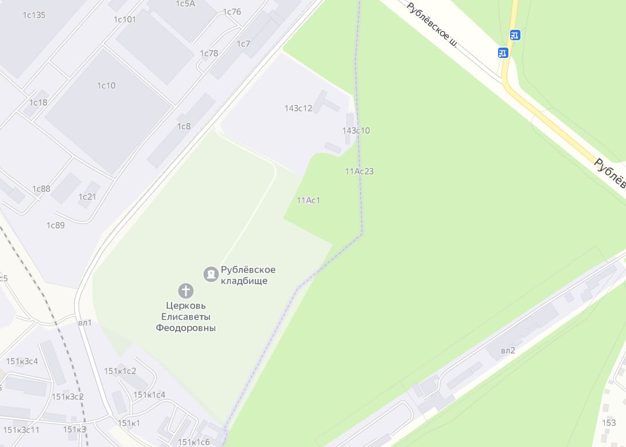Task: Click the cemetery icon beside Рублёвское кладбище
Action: point(211,274)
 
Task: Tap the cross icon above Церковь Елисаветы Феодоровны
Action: point(185,291)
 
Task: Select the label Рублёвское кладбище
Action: point(248,275)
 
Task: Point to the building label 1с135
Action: point(34,15)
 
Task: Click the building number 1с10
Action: point(106,85)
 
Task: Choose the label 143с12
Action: point(298,108)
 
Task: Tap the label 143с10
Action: point(356,131)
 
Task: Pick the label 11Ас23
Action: point(359,171)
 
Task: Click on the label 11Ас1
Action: point(308,200)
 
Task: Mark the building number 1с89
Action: point(56,225)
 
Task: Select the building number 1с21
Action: point(87,197)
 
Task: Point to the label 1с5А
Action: point(185,3)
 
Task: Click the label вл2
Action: point(508,351)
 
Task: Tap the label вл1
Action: point(85,322)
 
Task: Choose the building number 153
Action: point(609,423)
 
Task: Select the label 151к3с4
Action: point(22,361)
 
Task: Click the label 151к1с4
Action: point(149,395)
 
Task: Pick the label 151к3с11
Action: point(21,430)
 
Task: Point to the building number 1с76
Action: point(232,12)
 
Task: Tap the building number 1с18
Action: point(38,103)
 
